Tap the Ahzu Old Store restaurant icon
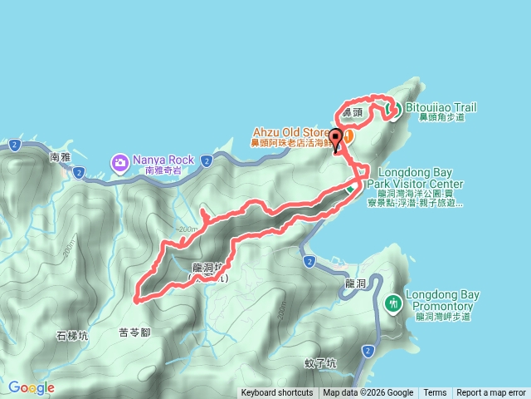(348, 135)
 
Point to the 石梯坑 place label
(72, 336)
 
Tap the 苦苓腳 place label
(134, 332)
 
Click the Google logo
(32, 387)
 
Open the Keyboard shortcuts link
(277, 393)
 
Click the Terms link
(435, 393)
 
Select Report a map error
(491, 393)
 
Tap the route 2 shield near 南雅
(78, 173)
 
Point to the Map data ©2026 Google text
(368, 393)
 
